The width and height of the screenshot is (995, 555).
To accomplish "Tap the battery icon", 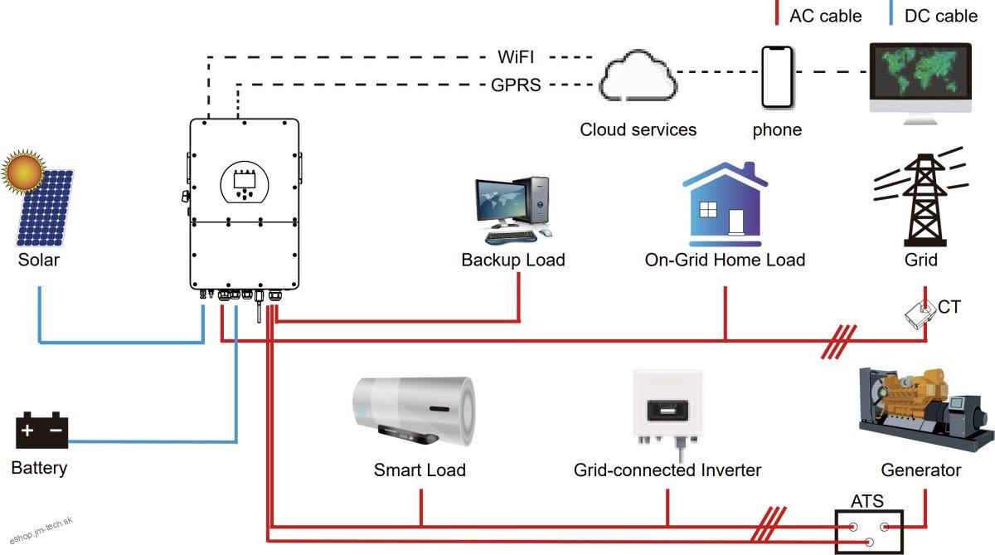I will click(x=41, y=431).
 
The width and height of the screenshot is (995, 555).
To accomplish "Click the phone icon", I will click(x=777, y=76).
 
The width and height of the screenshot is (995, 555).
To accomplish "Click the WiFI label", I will click(x=516, y=57).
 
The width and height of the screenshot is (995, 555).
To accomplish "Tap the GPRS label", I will click(x=516, y=84).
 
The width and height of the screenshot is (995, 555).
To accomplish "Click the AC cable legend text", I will click(x=825, y=16).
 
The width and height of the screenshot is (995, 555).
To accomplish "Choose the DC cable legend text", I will click(x=941, y=16).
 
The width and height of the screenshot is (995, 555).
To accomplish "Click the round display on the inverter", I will click(x=245, y=182).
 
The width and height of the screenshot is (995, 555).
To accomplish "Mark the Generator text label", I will click(x=920, y=470).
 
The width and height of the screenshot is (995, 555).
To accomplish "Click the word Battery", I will click(x=39, y=468).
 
